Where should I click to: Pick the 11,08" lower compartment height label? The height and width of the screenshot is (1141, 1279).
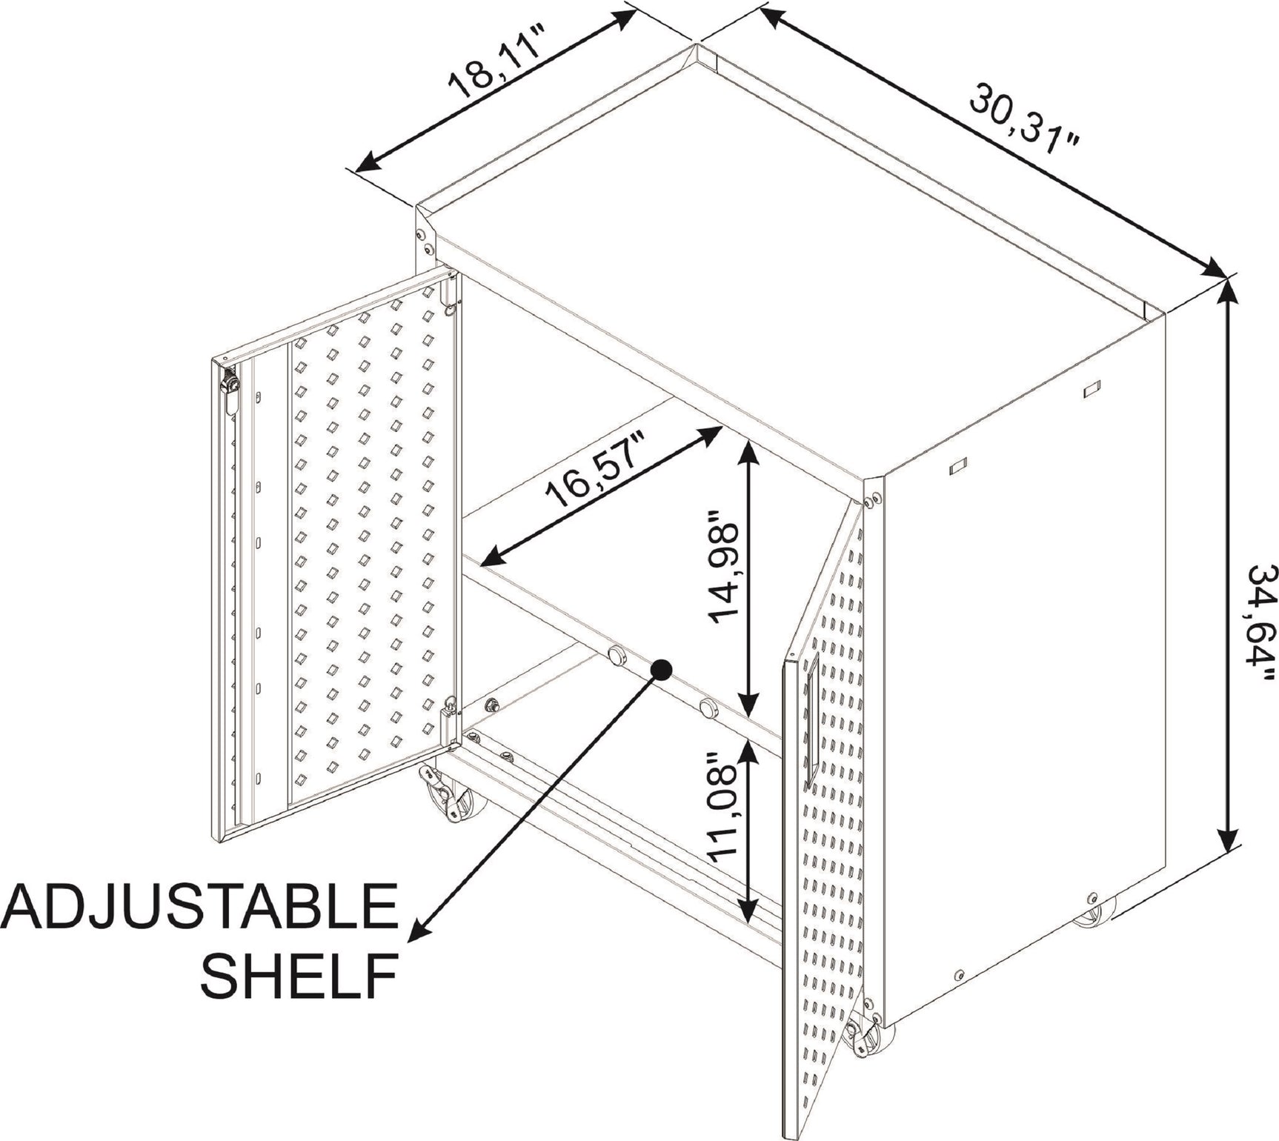(723, 808)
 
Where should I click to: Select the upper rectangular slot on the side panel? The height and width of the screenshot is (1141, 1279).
(1092, 389)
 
